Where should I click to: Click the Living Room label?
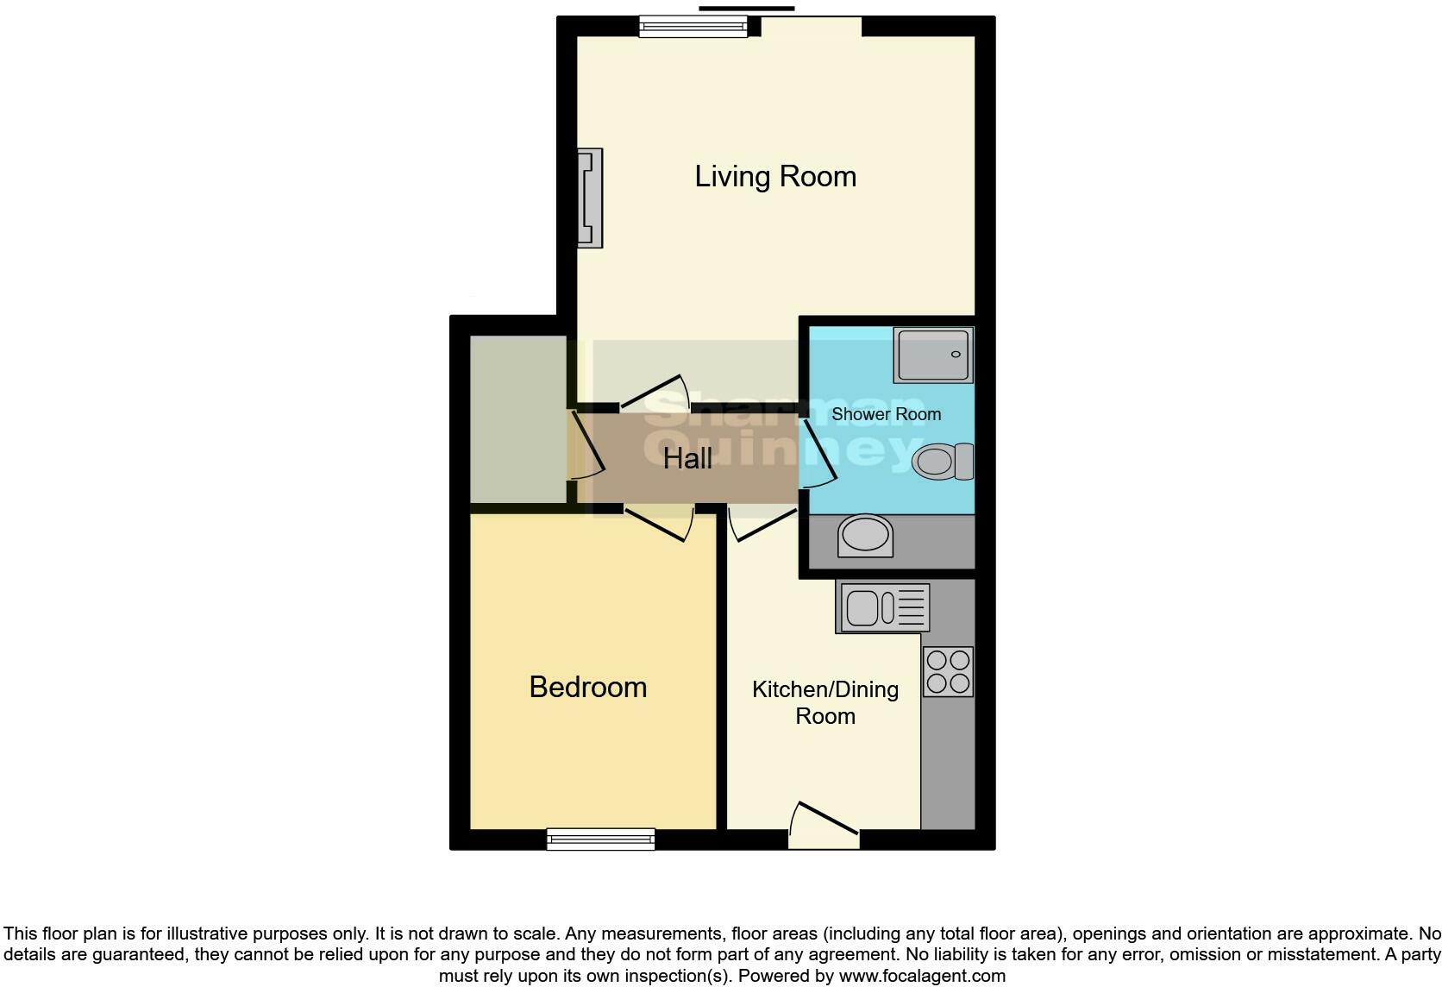point(775,177)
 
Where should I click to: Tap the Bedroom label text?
point(587,687)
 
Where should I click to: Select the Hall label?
point(687,458)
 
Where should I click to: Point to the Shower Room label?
point(886,414)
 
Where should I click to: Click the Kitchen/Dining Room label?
point(825,702)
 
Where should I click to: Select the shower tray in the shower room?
point(934,355)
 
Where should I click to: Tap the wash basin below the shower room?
point(865,536)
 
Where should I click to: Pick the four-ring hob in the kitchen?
point(948,672)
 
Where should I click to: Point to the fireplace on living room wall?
point(590,198)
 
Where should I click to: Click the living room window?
point(693,28)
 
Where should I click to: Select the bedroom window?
point(600,839)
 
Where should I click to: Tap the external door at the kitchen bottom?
point(824,824)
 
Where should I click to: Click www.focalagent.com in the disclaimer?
point(922,976)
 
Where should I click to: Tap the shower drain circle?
point(956,354)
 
